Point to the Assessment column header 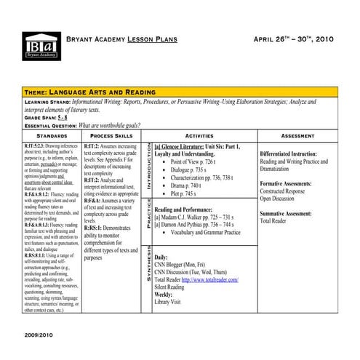(297, 136)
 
